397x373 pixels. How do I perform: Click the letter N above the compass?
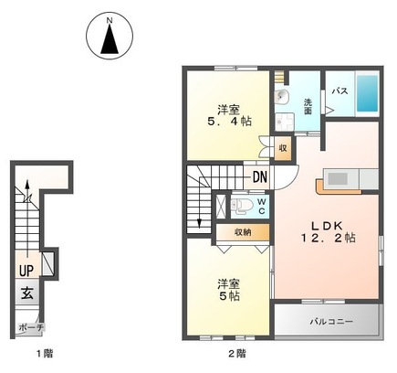(x=110, y=21)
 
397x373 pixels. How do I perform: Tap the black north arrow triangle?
(x=110, y=39)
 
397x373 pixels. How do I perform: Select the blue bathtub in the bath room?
(x=367, y=93)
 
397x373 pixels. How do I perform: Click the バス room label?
(x=340, y=91)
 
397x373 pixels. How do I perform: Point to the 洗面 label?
(x=308, y=106)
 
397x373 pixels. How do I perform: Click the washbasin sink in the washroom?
(x=282, y=98)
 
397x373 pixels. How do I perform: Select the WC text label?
(x=262, y=207)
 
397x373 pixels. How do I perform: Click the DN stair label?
(x=260, y=176)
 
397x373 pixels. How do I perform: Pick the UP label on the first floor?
(x=26, y=270)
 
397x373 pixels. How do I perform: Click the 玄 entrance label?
(x=27, y=293)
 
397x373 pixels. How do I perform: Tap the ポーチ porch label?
(x=31, y=328)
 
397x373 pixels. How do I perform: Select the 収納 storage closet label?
(x=243, y=232)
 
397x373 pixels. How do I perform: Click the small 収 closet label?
(x=283, y=148)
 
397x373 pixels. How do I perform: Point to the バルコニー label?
(x=331, y=322)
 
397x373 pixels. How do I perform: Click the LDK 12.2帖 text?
(x=328, y=231)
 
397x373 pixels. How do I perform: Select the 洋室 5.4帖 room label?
(x=229, y=115)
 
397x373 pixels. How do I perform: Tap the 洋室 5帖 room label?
(x=229, y=290)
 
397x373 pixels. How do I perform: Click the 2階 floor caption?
(x=236, y=354)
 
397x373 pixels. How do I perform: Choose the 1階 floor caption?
(x=45, y=354)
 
